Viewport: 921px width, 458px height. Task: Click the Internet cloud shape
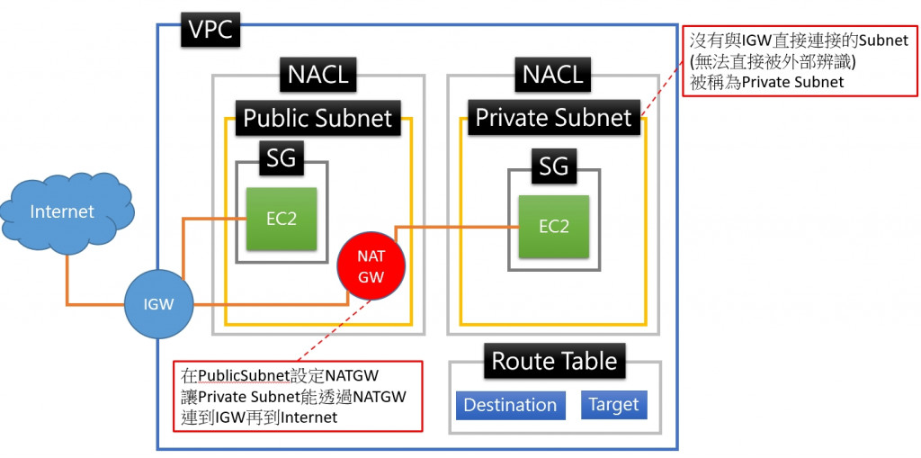point(63,211)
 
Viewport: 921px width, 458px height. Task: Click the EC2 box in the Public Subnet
point(282,219)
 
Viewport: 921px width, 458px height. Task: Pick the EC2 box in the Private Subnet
point(553,227)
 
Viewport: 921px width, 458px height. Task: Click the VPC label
point(210,30)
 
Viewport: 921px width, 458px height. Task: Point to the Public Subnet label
point(317,118)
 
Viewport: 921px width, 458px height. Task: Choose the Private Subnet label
point(553,118)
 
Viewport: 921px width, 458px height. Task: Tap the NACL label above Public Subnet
point(317,75)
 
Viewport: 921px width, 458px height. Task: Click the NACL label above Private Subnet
point(553,75)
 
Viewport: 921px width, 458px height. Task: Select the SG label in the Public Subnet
point(281,160)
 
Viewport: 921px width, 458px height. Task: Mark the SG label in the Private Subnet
point(553,166)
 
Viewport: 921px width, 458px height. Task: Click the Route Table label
point(554,362)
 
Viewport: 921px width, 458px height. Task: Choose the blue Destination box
point(510,405)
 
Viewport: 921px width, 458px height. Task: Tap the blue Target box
point(613,405)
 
